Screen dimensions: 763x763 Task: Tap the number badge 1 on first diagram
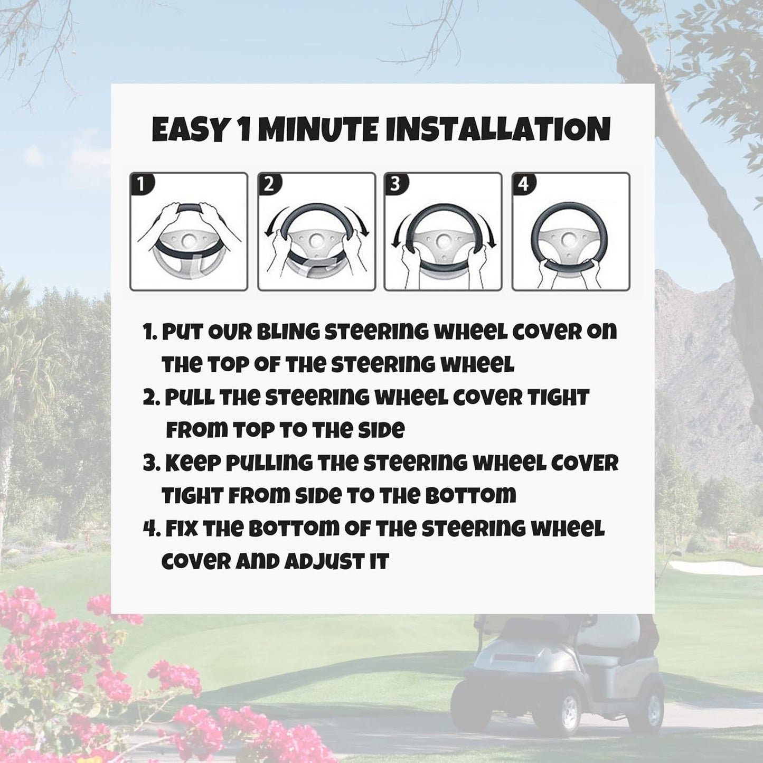142,184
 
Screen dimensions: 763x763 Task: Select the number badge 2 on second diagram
269,184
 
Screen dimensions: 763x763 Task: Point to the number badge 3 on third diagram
395,184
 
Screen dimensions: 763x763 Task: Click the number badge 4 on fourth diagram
523,184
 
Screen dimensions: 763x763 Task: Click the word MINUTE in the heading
319,130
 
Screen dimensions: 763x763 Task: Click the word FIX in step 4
182,529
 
